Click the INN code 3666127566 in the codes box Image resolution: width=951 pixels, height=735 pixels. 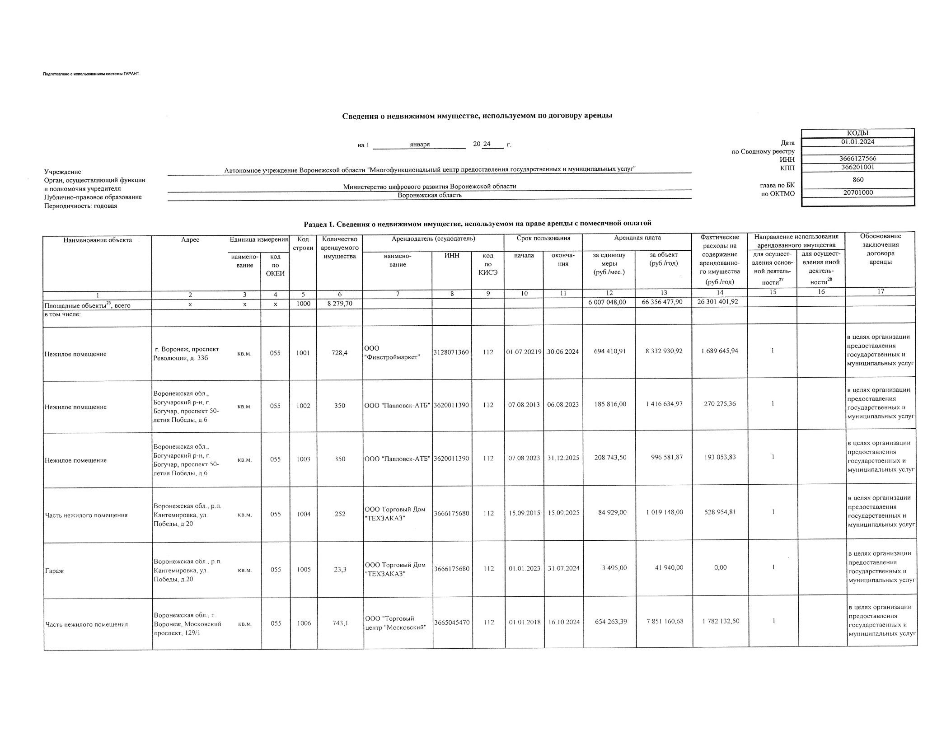coord(857,159)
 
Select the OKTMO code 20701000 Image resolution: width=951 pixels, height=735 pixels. coord(857,192)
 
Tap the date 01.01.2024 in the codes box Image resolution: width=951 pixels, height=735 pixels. coord(857,141)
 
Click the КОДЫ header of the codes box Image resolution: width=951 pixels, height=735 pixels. coord(857,133)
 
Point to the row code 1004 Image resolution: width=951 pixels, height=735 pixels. coord(303,514)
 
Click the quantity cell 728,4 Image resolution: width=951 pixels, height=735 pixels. coord(339,353)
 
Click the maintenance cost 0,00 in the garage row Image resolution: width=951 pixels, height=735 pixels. coord(720,567)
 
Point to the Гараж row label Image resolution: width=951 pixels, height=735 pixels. coord(54,571)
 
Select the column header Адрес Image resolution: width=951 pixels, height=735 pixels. coord(190,240)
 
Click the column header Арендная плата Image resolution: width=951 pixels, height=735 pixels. coord(637,238)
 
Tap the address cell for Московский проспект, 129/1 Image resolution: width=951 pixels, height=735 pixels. coord(187,624)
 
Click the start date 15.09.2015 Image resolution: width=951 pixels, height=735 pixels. coord(524,513)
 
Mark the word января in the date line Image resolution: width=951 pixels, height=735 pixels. coord(420,145)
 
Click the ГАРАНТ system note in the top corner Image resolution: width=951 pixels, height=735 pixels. coord(91,74)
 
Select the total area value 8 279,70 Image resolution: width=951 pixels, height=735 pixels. coord(339,304)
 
